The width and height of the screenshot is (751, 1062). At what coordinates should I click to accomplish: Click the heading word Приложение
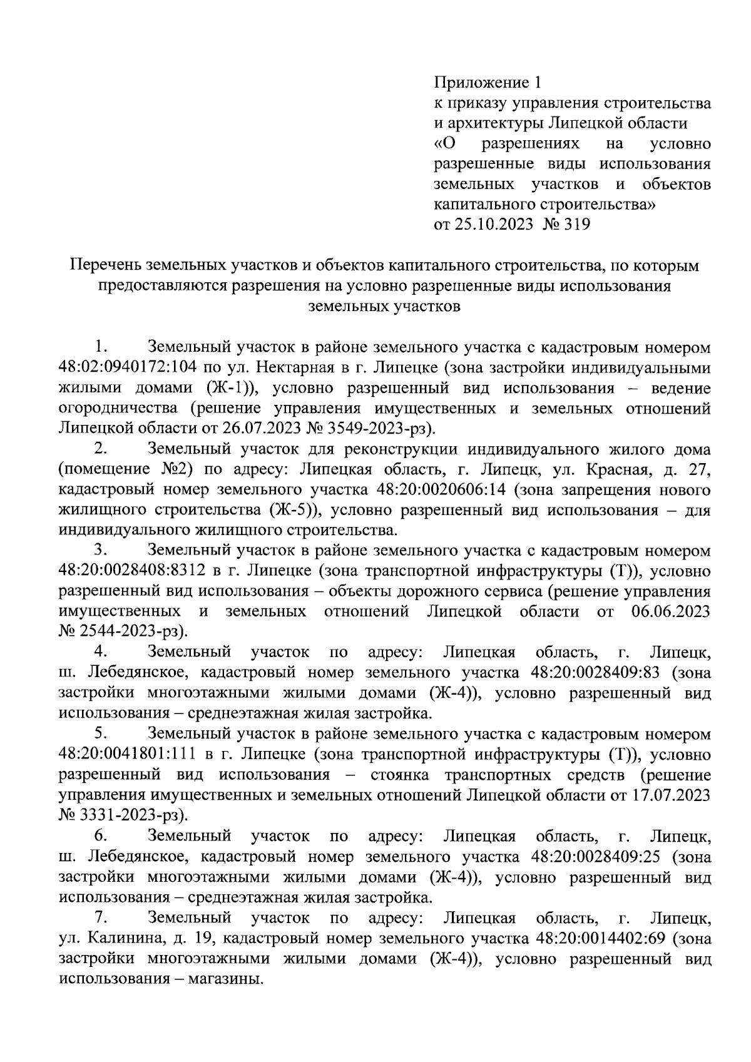click(x=479, y=83)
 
